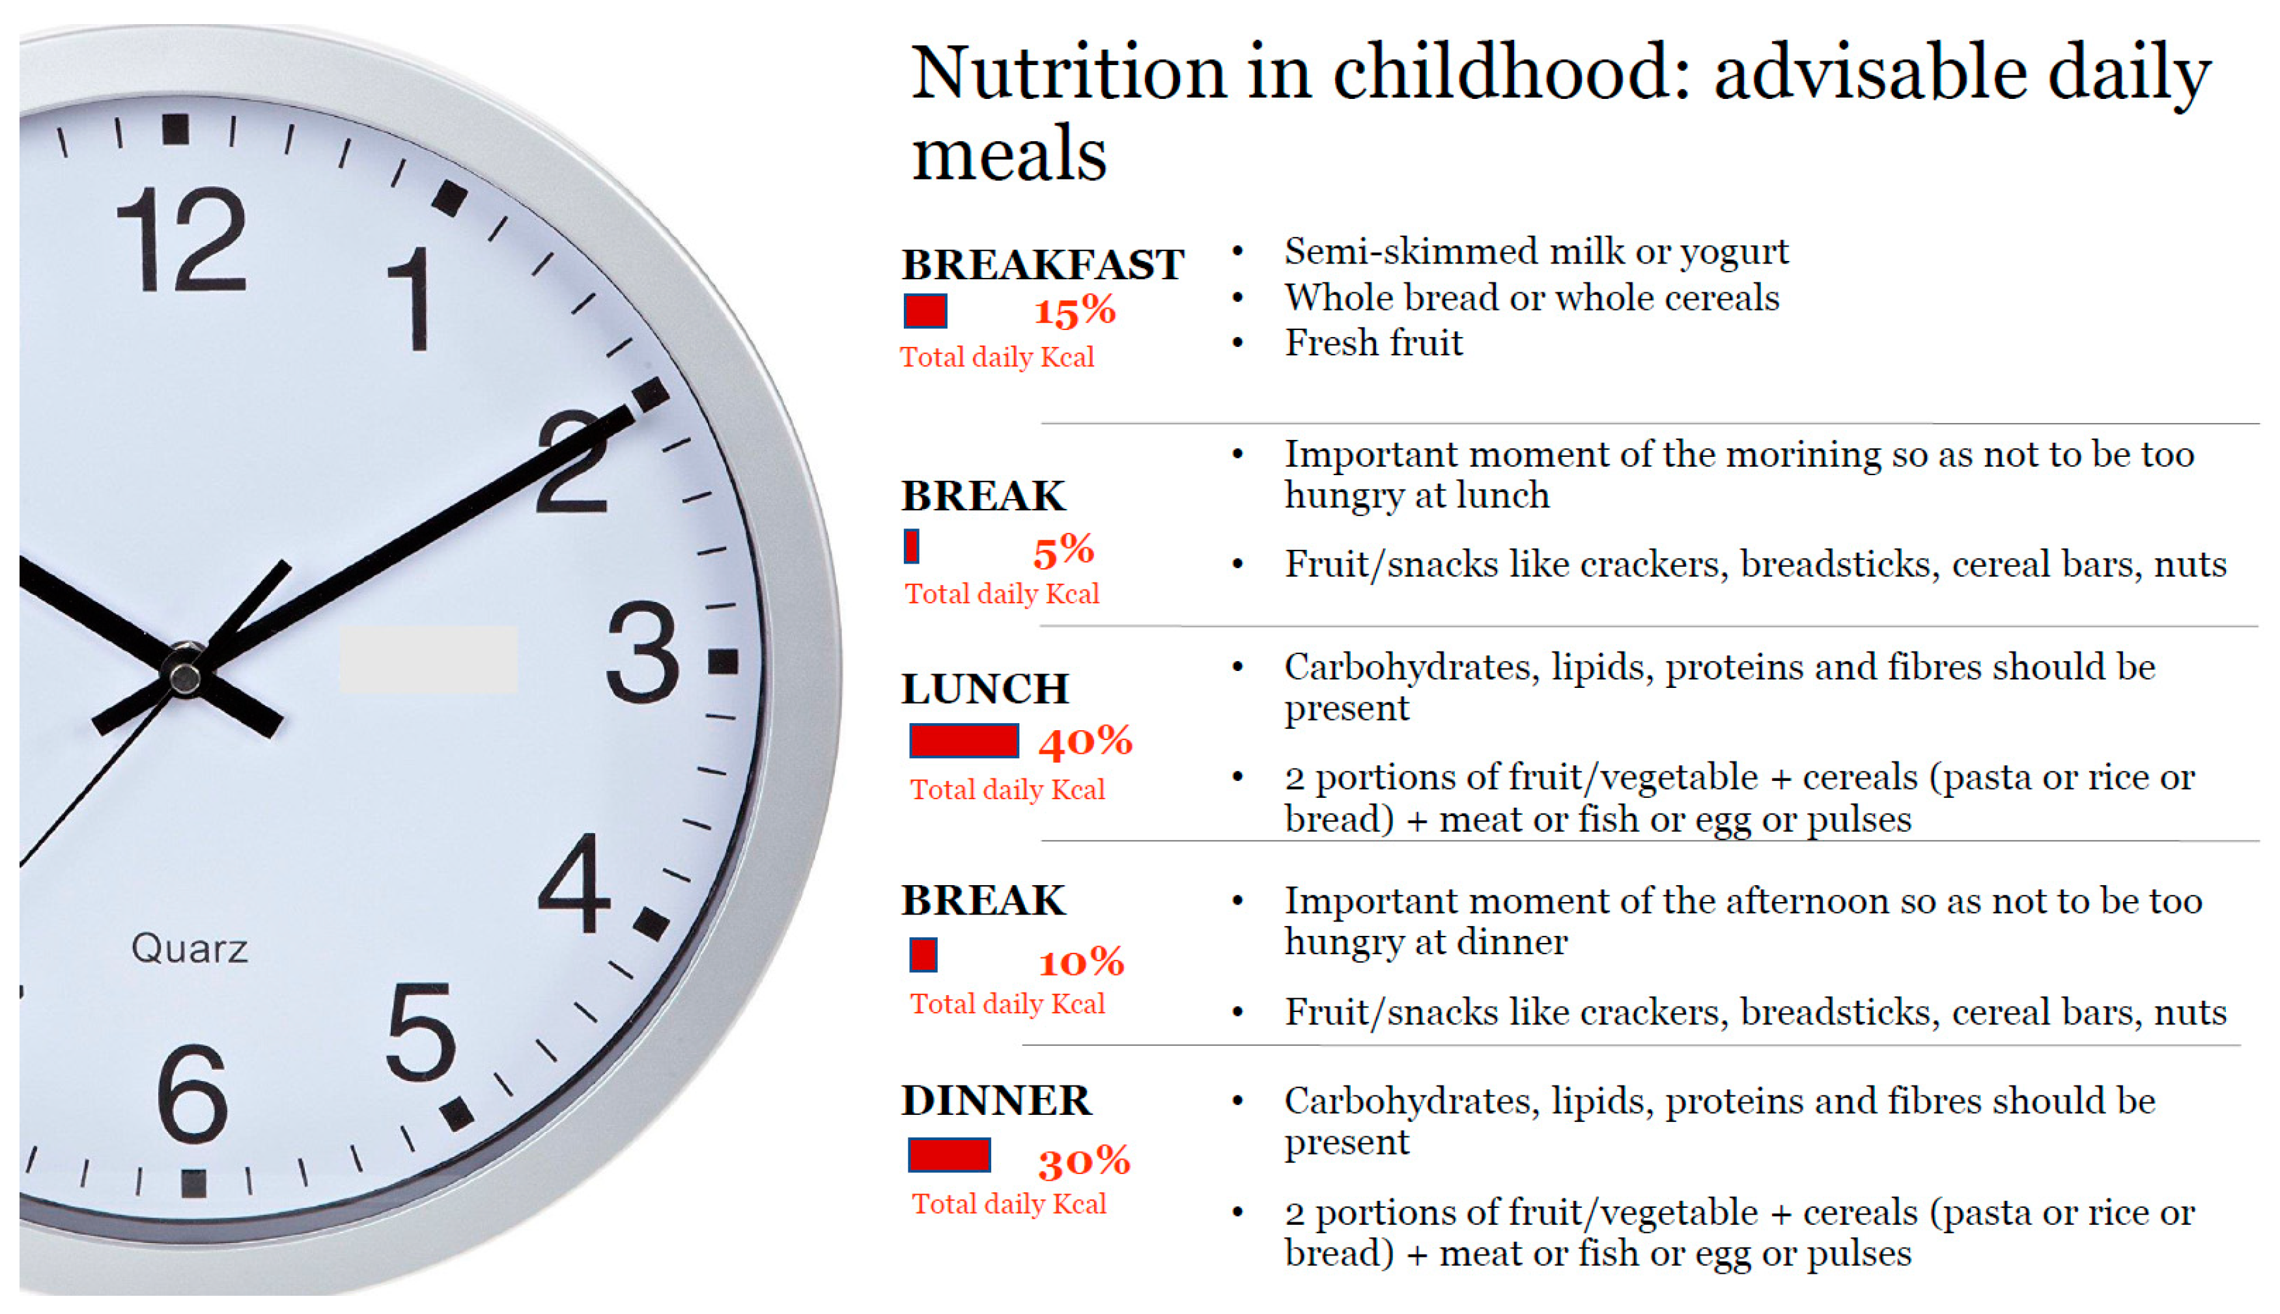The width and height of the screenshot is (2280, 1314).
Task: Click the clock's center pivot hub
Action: coord(185,675)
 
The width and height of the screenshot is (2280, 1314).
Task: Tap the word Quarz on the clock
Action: coord(190,948)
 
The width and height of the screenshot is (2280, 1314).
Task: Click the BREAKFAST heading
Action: coord(1042,264)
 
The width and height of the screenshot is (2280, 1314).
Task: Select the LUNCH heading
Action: coord(984,689)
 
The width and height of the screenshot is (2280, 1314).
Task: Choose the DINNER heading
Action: coord(996,1100)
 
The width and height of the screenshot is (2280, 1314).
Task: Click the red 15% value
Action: coord(1075,311)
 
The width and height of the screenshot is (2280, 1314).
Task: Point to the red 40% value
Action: coord(1084,742)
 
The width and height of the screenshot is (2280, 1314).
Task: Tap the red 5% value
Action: coord(1063,549)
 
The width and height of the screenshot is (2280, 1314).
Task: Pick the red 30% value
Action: coord(1084,1162)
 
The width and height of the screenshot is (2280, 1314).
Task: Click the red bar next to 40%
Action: coord(963,741)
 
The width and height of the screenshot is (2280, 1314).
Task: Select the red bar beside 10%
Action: coord(923,955)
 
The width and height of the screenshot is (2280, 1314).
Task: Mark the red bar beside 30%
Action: coord(949,1155)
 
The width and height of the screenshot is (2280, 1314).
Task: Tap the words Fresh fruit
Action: coord(1373,343)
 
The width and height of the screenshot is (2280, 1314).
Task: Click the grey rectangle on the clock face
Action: coord(428,660)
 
